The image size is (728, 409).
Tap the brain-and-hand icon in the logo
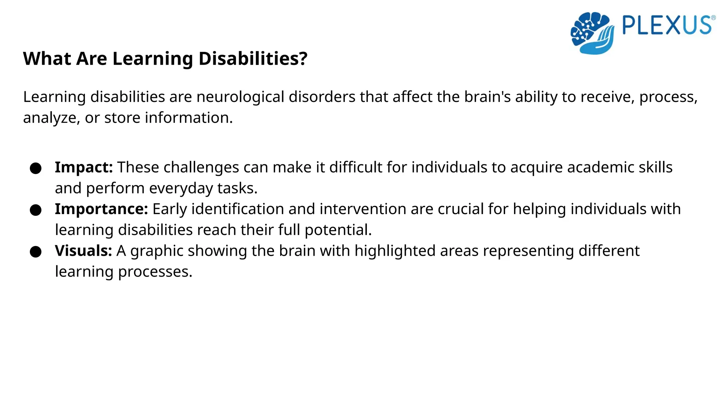[592, 33]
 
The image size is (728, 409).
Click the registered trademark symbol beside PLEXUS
[713, 18]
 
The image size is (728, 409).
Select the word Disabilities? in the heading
[253, 59]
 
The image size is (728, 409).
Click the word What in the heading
[47, 59]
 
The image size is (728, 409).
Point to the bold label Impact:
[84, 167]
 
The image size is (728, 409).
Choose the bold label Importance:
[101, 209]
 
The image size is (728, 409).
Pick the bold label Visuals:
[83, 251]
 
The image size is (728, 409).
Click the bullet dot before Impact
[36, 168]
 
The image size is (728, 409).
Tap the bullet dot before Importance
[36, 210]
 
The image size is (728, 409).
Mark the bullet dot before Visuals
[36, 252]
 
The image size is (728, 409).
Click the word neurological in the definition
[240, 97]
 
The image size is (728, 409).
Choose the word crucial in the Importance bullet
[460, 209]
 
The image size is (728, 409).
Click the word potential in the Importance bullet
[338, 230]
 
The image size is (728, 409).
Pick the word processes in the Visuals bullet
[155, 272]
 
